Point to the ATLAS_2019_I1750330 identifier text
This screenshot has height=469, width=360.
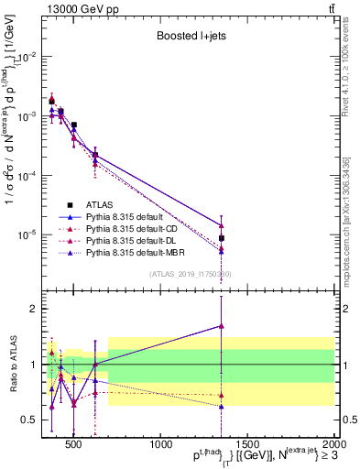[190, 274]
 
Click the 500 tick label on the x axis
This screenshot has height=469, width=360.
[75, 445]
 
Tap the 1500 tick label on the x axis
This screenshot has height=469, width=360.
[248, 445]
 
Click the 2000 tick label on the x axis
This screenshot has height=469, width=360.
[333, 445]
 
